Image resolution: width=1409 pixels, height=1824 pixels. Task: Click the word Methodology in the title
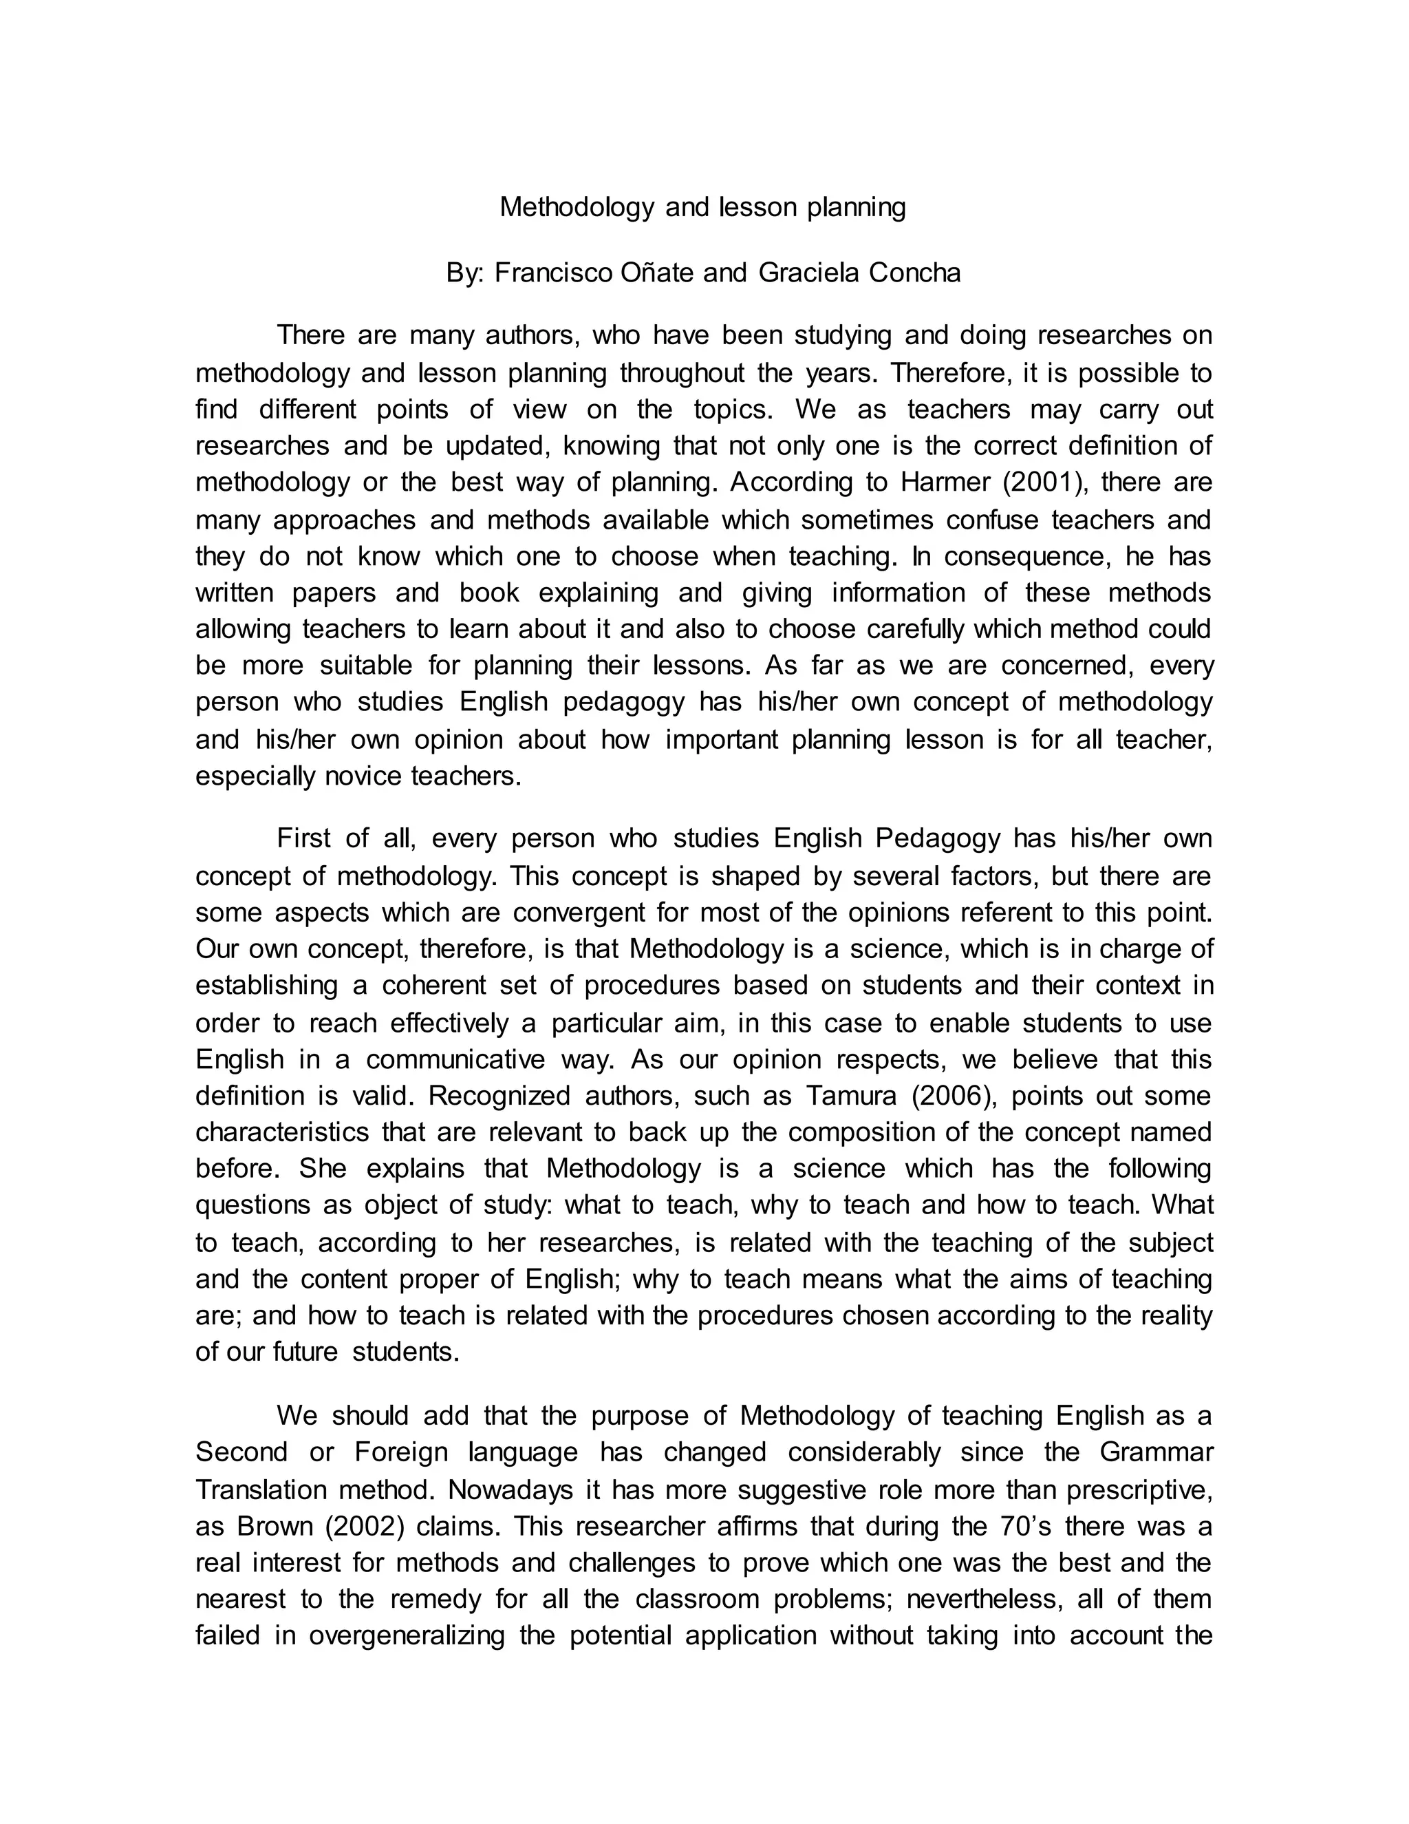[x=577, y=207]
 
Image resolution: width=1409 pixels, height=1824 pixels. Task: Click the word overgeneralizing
[x=407, y=1635]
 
